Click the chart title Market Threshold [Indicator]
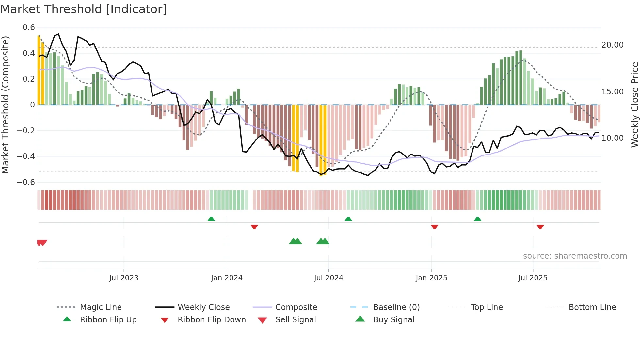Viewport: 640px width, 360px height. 84,9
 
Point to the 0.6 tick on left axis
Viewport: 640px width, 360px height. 29,27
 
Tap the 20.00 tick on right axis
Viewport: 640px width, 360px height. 612,45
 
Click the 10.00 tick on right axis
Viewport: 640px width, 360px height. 612,138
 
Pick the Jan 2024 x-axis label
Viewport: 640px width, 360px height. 227,278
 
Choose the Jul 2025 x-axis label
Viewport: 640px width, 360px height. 533,278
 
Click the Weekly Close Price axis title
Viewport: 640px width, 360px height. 634,105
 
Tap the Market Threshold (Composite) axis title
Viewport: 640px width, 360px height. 5,105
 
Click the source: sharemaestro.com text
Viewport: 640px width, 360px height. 575,256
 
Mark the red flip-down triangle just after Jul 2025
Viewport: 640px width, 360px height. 540,227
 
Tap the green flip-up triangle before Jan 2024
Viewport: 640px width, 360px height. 211,219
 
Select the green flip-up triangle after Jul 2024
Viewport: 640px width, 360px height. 348,219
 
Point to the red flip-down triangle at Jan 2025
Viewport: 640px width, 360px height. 434,227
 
